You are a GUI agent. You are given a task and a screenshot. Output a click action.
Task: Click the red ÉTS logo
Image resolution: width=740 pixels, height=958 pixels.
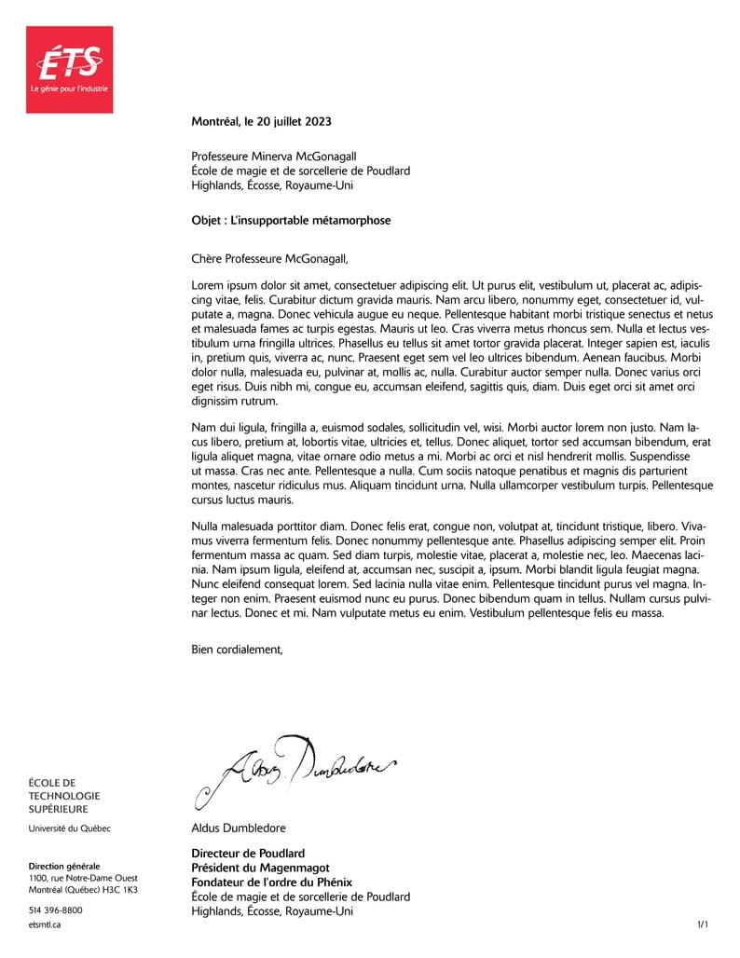click(69, 69)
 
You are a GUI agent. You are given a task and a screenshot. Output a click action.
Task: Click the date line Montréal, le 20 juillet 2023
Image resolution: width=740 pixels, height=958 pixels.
click(261, 121)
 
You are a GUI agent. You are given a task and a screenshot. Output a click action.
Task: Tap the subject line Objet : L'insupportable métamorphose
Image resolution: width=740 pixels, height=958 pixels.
click(291, 221)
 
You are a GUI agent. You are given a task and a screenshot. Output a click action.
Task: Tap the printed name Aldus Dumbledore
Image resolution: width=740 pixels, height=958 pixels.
click(239, 828)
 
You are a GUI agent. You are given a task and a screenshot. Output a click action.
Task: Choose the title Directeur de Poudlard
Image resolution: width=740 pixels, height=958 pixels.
click(248, 853)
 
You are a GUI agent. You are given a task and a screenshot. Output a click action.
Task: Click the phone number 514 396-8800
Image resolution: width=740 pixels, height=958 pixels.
click(56, 910)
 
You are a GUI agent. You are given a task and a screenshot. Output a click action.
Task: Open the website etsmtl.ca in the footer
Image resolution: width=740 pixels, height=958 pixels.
click(45, 925)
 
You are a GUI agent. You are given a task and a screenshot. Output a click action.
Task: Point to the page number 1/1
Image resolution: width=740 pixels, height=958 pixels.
click(703, 924)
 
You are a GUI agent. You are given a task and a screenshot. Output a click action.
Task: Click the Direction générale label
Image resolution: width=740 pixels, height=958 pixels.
click(64, 866)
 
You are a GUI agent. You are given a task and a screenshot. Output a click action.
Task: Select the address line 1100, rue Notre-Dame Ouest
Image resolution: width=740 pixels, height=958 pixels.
click(81, 878)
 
